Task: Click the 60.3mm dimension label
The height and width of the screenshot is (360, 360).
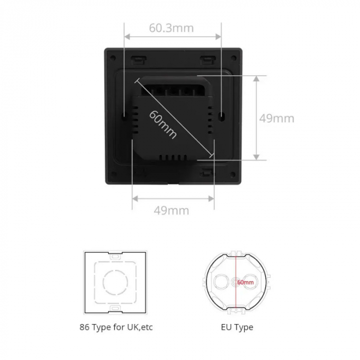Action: pos(171,28)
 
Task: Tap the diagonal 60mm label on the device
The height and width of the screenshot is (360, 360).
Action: pos(163,124)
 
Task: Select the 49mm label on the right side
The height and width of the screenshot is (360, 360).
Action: pos(277,118)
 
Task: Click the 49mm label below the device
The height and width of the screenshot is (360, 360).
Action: pos(171,210)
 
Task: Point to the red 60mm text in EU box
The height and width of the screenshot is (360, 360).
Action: pos(245,282)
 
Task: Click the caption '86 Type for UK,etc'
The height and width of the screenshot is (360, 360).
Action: pos(116,327)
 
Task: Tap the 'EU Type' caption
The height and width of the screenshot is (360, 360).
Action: pos(237,327)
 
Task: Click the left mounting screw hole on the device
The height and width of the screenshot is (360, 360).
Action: pos(124,114)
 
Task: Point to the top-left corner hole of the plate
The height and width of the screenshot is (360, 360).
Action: pos(113,58)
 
